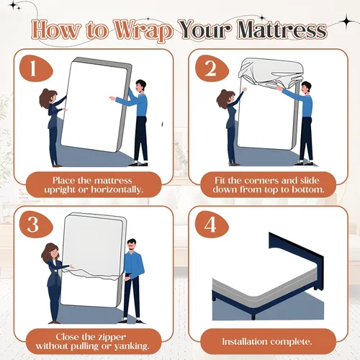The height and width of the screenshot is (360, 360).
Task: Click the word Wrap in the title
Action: [x=143, y=31]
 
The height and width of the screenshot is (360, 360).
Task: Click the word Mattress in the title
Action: [x=282, y=30]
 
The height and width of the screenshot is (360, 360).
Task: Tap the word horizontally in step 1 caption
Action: [x=117, y=189]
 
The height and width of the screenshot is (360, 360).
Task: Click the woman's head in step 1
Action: [x=49, y=96]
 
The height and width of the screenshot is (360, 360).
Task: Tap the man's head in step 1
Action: [x=140, y=86]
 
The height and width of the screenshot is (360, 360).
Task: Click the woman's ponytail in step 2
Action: [x=222, y=98]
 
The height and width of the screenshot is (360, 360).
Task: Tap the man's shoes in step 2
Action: [x=304, y=163]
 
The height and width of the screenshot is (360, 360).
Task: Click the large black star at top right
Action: [x=346, y=21]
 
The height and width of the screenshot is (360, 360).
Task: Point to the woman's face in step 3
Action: [x=54, y=253]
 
